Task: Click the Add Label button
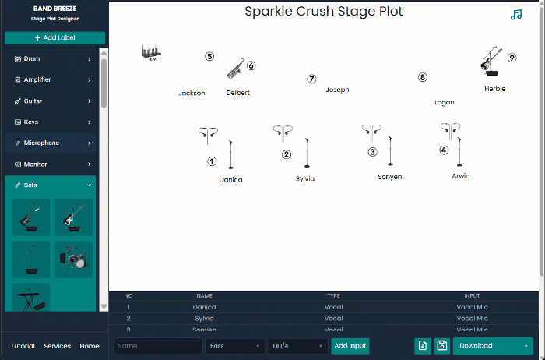click(x=54, y=38)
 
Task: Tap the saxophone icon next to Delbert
click(x=234, y=69)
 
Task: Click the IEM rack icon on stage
click(x=152, y=53)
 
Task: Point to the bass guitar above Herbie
click(x=490, y=61)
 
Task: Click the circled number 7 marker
click(x=311, y=79)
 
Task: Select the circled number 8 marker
click(x=423, y=77)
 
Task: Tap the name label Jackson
click(x=192, y=94)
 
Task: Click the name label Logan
click(x=444, y=103)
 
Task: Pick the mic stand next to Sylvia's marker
click(x=307, y=153)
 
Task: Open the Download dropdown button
click(x=493, y=346)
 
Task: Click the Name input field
click(x=158, y=346)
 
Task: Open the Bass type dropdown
click(x=234, y=346)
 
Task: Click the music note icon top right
click(x=515, y=15)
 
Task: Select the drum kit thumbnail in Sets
click(x=74, y=259)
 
